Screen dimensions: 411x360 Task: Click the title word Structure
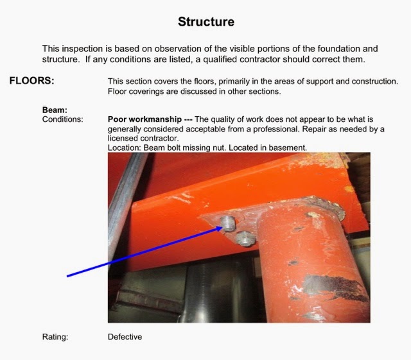pyautogui.click(x=206, y=22)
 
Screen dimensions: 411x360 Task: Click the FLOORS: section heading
pyautogui.click(x=31, y=81)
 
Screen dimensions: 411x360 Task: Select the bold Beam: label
pyautogui.click(x=55, y=110)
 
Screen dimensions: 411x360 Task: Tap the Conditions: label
pyautogui.click(x=63, y=119)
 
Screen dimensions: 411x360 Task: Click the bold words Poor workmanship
pyautogui.click(x=144, y=119)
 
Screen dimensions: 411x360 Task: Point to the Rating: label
pyautogui.click(x=55, y=337)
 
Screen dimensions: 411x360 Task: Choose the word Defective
pyautogui.click(x=125, y=337)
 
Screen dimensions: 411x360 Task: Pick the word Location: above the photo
pyautogui.click(x=125, y=148)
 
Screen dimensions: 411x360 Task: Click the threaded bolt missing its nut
pyautogui.click(x=228, y=224)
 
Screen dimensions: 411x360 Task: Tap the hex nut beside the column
pyautogui.click(x=245, y=239)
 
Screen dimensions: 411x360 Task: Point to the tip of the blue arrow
pyautogui.click(x=222, y=227)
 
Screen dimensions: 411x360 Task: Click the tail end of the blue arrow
pyautogui.click(x=67, y=276)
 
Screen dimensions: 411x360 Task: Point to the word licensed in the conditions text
pyautogui.click(x=123, y=139)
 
